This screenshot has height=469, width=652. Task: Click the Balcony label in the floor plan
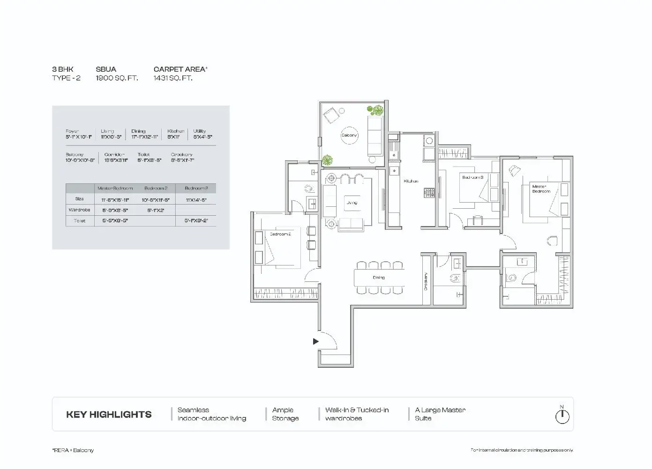click(349, 135)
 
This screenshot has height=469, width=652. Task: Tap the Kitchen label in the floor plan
click(411, 181)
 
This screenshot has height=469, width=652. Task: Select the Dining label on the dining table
click(379, 278)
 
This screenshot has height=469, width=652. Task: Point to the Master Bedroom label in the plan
click(541, 189)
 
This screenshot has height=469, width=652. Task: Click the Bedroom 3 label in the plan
click(472, 177)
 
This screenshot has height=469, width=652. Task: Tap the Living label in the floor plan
click(352, 203)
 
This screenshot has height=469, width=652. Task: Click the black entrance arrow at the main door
click(316, 341)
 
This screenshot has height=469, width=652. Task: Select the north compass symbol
click(562, 415)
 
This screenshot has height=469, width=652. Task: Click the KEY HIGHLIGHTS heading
click(109, 415)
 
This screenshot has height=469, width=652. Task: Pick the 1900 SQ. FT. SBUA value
click(117, 78)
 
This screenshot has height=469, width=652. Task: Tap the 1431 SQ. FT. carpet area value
click(173, 78)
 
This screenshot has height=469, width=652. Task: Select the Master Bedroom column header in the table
click(115, 188)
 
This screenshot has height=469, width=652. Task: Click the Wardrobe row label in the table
click(79, 210)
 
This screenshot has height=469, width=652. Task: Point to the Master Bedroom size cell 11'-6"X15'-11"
click(115, 200)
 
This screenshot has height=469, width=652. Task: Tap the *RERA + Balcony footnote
click(73, 450)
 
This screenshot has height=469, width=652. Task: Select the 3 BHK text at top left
click(63, 69)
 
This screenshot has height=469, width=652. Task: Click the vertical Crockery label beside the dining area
click(426, 281)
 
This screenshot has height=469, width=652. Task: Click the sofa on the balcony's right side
click(375, 136)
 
